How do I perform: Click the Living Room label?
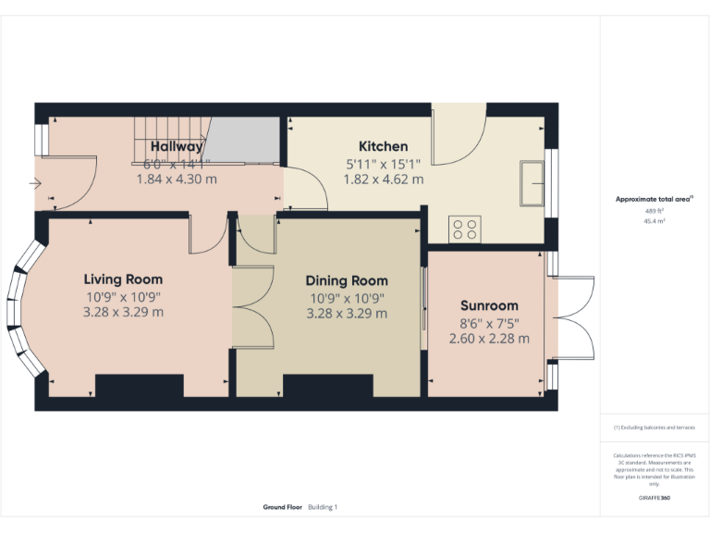pos(123,279)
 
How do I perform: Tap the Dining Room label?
pos(347,281)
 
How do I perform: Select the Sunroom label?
pos(489,305)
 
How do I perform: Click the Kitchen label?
pos(383,146)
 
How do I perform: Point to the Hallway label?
pos(177,146)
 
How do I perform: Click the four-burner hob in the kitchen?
pos(464,229)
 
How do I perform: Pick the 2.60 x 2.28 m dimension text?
pos(489,339)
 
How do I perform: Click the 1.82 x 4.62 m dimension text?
pos(383,179)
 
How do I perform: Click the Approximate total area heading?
pos(654,199)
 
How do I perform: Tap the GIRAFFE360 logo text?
pos(654,498)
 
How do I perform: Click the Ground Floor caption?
pos(283,507)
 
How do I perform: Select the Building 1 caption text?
pos(323,507)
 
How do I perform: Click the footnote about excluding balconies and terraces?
pos(654,428)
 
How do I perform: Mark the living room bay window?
pos(22,309)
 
